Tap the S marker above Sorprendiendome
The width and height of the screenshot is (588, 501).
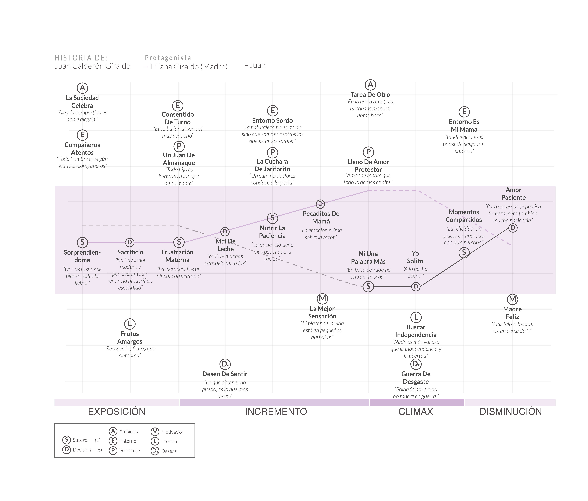pyautogui.click(x=82, y=242)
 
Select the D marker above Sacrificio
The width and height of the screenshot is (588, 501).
pyautogui.click(x=130, y=242)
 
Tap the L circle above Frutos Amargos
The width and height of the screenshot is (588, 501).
pyautogui.click(x=130, y=324)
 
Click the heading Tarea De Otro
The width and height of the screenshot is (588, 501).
pyautogui.click(x=370, y=95)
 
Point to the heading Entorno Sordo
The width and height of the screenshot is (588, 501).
pyautogui.click(x=272, y=120)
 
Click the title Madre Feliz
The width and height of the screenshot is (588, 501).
pyautogui.click(x=512, y=313)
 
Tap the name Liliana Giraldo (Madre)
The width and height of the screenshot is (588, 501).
pyautogui.click(x=189, y=67)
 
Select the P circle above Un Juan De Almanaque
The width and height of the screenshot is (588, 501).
pyautogui.click(x=179, y=146)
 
